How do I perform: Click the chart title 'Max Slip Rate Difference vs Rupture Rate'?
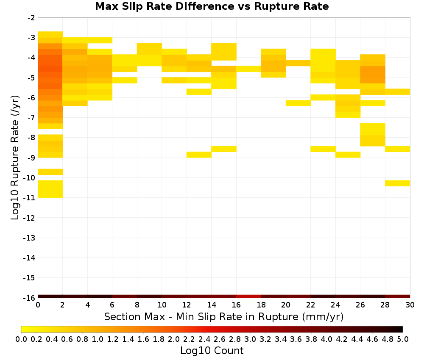pos(212,6)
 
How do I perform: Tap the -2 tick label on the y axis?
pos(31,18)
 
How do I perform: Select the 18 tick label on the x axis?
pos(261,305)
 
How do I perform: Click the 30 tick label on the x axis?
pos(410,305)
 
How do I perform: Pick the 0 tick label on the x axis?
pos(38,305)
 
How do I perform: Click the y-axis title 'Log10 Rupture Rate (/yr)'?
pos(15,158)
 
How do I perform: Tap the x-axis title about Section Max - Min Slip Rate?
pos(224,316)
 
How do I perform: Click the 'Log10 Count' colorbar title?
pos(212,351)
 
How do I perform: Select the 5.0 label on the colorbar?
pos(403,339)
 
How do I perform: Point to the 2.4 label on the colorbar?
pos(204,339)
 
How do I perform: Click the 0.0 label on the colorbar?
pos(21,339)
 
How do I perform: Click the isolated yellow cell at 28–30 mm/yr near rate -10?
pos(398,183)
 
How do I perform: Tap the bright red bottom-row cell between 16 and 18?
pos(248,296)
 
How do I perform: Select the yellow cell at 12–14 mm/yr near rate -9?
pos(199,155)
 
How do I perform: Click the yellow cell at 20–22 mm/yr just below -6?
pos(298,103)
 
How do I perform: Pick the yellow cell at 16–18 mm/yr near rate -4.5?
pos(248,69)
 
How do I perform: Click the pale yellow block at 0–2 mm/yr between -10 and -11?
pos(50,189)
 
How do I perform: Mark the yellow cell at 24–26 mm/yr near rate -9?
pos(348,155)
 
